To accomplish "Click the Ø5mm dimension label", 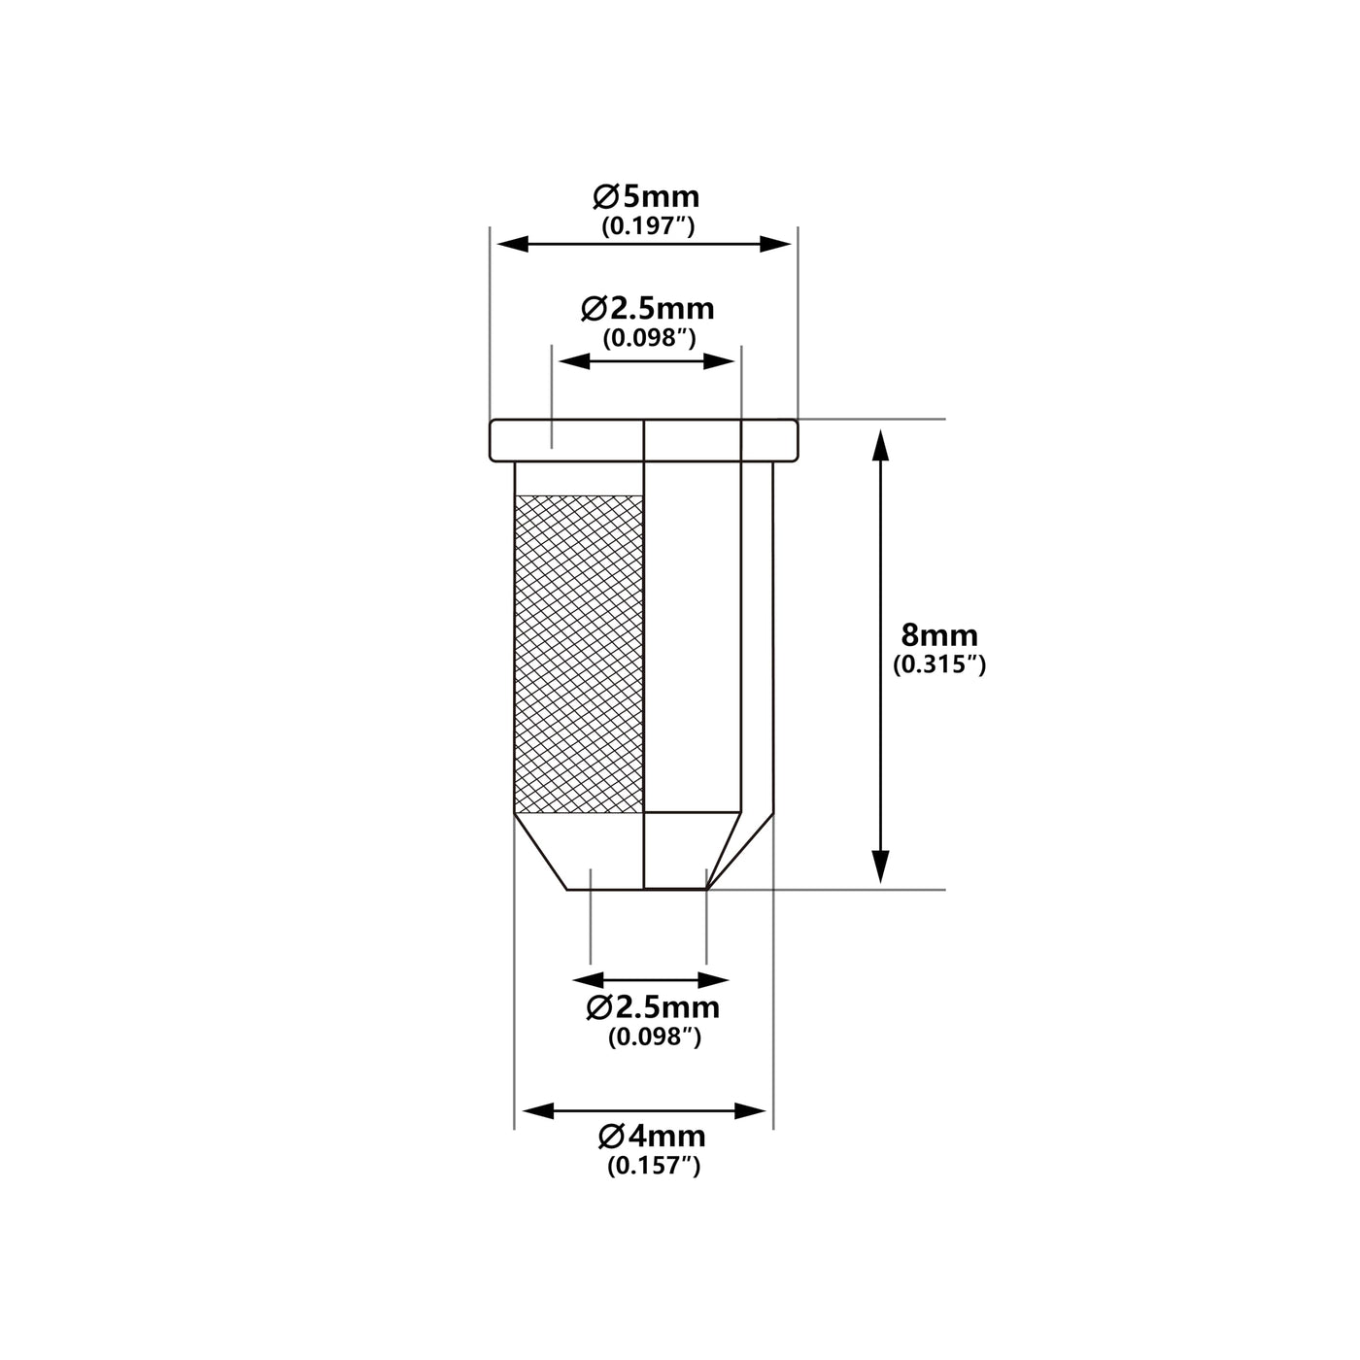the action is pos(646,196).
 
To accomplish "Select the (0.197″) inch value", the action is pos(648,226).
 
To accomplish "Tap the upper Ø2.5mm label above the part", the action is pos(647,308).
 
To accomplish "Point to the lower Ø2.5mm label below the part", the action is pos(653,1007).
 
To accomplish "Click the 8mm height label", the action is pos(939,636).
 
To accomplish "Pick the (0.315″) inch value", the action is pos(939,664).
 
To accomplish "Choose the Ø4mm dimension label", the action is pos(652,1137).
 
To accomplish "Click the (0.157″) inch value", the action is pos(654,1167).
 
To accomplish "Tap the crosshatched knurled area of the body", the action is pos(579,653).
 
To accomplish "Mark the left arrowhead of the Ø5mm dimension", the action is pos(513,244).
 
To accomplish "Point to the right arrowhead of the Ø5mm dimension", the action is pos(775,244).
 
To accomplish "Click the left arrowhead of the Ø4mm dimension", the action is pos(538,1111).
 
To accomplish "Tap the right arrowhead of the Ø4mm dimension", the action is pos(750,1111).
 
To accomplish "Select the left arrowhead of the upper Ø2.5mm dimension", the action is pos(574,362).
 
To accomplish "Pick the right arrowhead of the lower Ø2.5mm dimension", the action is pos(713,980).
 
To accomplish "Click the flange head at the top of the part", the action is pos(644,440).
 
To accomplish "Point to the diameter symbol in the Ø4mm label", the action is pos(610,1137).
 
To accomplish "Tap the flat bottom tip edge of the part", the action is pos(636,889).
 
